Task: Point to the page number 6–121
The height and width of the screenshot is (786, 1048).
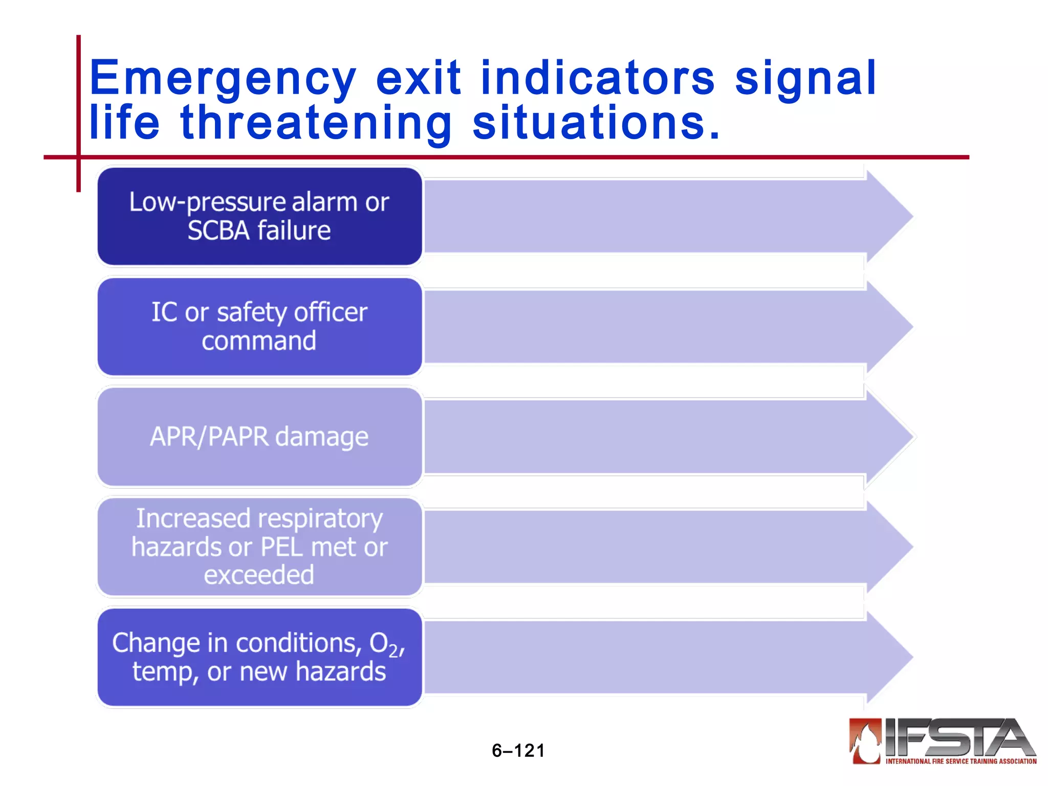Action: (x=518, y=751)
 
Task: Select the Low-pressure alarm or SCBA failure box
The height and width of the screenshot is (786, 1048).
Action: (x=259, y=216)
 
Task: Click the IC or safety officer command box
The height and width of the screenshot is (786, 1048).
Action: (x=259, y=326)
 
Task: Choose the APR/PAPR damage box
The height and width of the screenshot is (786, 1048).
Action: (x=259, y=436)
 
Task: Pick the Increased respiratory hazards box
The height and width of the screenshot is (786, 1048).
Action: (x=259, y=547)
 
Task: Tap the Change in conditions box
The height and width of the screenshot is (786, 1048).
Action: (x=259, y=657)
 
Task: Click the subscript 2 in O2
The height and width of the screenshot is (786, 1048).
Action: (x=393, y=651)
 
